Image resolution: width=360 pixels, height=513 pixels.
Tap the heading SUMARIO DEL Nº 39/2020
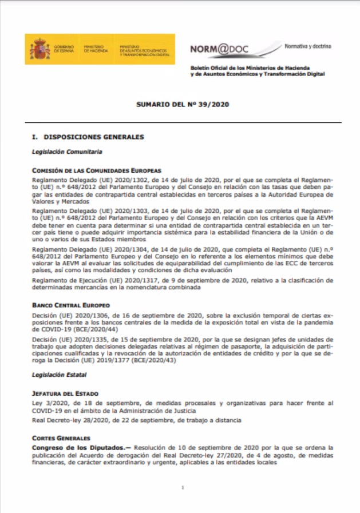click(179, 105)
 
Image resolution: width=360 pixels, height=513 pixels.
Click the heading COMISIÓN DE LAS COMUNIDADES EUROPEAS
click(97, 170)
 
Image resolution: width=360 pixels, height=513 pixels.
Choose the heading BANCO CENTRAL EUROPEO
click(70, 305)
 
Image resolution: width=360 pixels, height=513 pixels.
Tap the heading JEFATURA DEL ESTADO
click(65, 393)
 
